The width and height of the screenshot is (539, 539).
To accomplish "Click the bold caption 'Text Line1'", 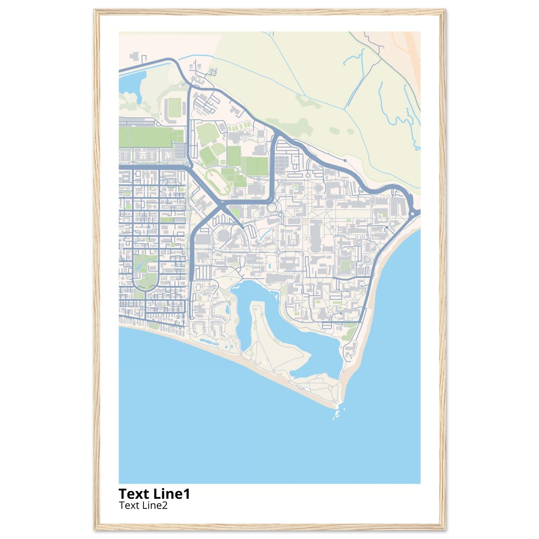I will pyautogui.click(x=154, y=493).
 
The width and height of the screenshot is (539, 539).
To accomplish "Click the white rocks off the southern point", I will pyautogui.click(x=337, y=420).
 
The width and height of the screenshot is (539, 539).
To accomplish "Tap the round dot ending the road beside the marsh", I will pyautogui.click(x=345, y=161).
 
